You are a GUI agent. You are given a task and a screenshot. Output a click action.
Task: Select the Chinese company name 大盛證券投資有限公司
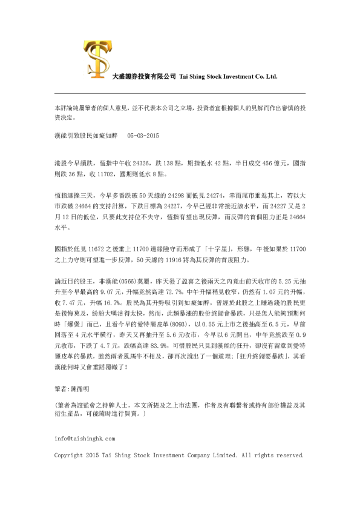point(145,77)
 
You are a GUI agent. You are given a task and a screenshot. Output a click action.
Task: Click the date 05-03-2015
point(143,137)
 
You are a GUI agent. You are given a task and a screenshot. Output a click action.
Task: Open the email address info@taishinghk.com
point(85,437)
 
